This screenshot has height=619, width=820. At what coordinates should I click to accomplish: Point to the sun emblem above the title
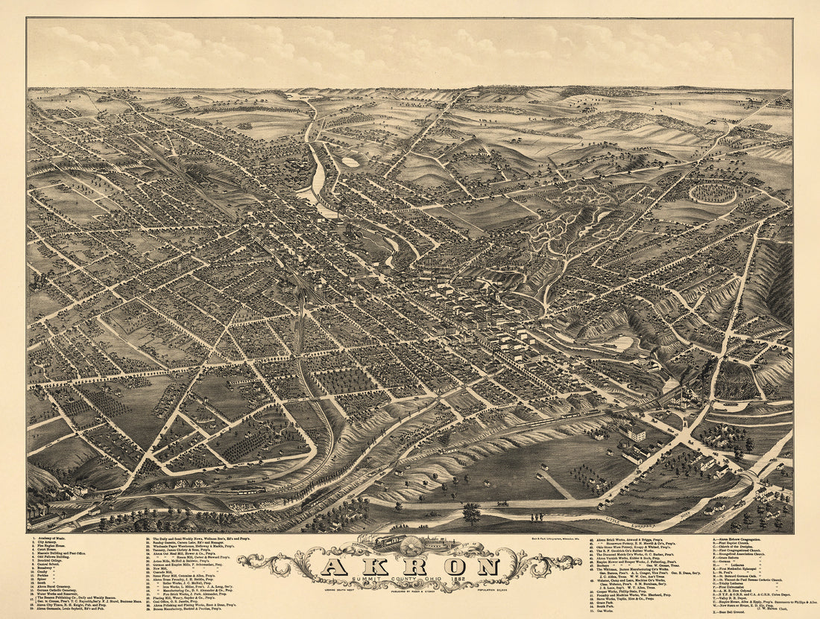[x=409, y=542]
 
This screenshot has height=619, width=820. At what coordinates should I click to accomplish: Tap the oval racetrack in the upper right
[x=712, y=194]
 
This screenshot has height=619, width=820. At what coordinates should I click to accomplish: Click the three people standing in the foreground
[x=532, y=516]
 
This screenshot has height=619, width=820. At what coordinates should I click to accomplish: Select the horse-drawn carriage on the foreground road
[x=504, y=504]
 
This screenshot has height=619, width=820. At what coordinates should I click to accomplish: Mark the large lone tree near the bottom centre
[x=471, y=512]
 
